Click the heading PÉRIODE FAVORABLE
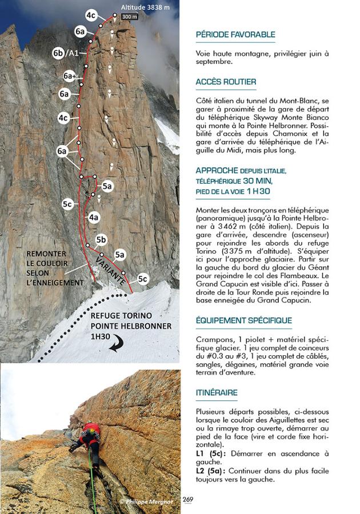235,35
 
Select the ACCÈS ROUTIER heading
226,82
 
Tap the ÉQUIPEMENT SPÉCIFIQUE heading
243,320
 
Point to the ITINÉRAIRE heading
217,392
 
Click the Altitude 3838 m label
145,7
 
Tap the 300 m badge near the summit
130,17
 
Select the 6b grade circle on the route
58,53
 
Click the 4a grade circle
94,217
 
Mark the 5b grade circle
102,239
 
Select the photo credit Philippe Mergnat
147,501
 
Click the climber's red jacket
92,429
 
